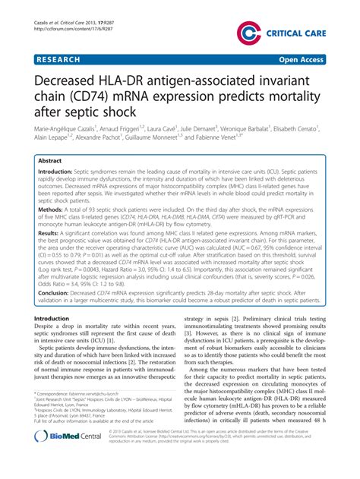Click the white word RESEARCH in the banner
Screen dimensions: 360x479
60,57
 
